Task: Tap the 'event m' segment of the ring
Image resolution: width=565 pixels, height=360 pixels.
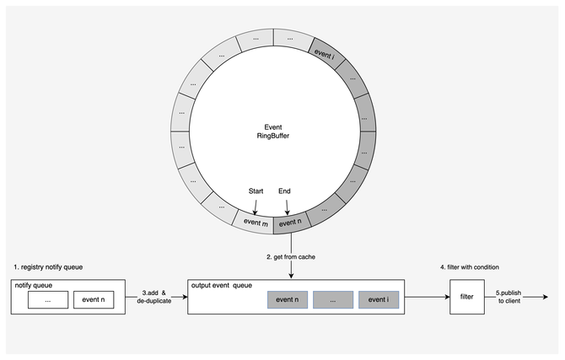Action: point(255,222)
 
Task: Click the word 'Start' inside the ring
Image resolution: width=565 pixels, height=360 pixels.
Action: point(256,191)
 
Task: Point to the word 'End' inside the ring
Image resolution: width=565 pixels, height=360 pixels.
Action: point(284,191)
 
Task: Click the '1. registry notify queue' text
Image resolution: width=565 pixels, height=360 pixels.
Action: point(48,266)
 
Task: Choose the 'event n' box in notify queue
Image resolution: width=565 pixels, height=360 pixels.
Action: point(93,299)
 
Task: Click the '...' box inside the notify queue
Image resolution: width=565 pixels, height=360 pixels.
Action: point(47,299)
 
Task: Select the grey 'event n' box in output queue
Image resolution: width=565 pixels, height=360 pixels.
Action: point(288,299)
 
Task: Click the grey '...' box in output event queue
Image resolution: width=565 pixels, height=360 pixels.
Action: point(332,299)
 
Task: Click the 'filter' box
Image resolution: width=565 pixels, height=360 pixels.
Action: point(467,297)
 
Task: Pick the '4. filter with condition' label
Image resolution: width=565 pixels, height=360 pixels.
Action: point(471,267)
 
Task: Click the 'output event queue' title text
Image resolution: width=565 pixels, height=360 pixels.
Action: point(223,285)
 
